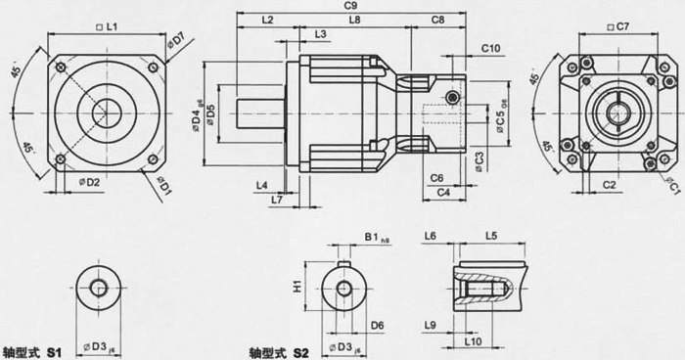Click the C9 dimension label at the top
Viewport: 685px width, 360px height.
(x=350, y=7)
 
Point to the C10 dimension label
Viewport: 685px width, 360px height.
(x=491, y=48)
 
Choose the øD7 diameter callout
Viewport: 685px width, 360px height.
(x=176, y=42)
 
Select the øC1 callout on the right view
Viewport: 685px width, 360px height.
(x=672, y=183)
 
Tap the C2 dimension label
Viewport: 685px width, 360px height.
(x=609, y=184)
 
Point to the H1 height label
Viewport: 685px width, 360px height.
(x=298, y=289)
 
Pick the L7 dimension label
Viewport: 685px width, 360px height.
(x=278, y=200)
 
